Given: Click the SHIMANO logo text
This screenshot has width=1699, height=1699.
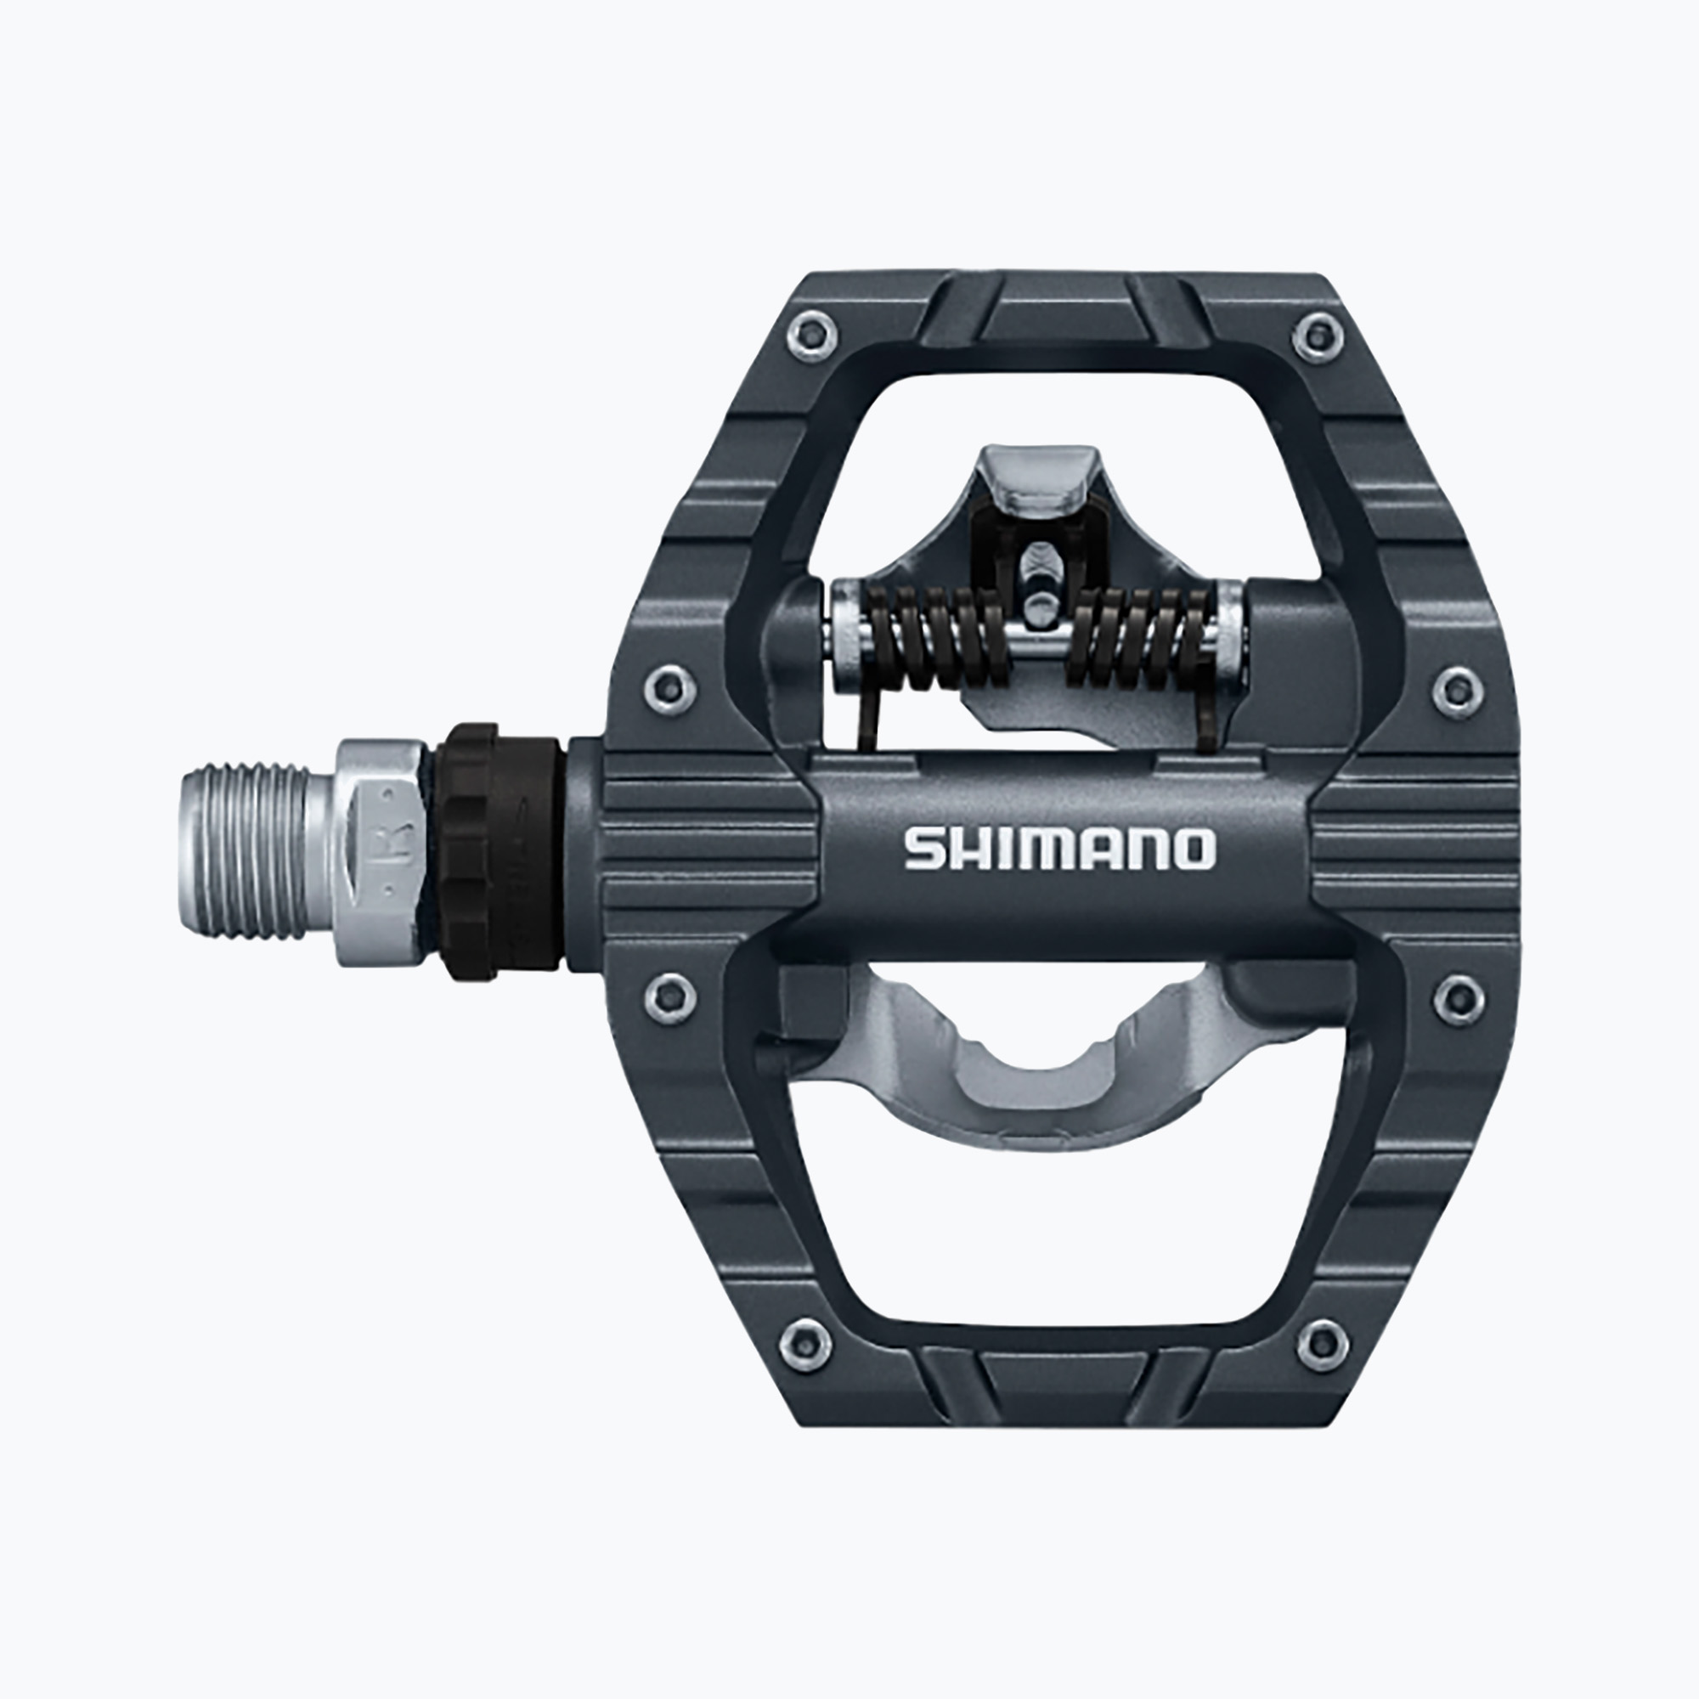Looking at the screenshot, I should [x=1059, y=849].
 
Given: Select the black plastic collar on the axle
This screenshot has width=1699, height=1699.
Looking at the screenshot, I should [x=501, y=851].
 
